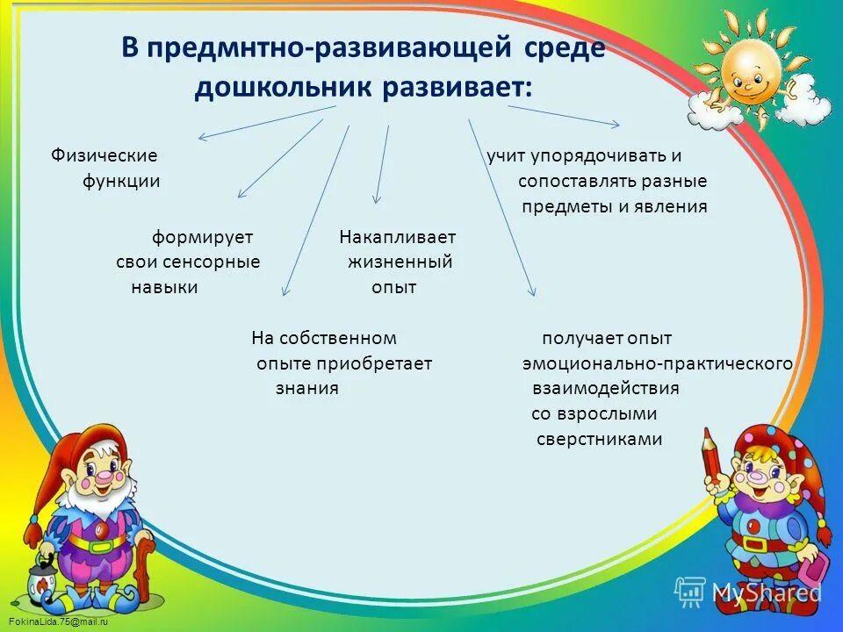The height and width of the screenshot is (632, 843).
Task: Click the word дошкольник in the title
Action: pyautogui.click(x=282, y=87)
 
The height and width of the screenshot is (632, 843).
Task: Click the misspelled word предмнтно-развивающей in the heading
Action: pyautogui.click(x=329, y=47)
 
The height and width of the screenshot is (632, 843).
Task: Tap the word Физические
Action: pyautogui.click(x=104, y=155)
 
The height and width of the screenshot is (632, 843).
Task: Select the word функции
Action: pyautogui.click(x=121, y=181)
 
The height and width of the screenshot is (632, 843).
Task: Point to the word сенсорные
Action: pyautogui.click(x=219, y=262)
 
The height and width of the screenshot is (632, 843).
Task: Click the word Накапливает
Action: pyautogui.click(x=397, y=237)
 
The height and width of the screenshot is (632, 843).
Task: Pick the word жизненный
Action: pyautogui.click(x=400, y=262)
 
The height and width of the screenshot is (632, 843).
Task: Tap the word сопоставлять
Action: pyautogui.click(x=577, y=181)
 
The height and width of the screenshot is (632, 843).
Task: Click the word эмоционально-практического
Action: pyautogui.click(x=658, y=363)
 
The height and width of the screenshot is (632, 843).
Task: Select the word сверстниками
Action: pyautogui.click(x=599, y=439)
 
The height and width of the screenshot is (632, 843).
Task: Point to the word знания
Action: pyautogui.click(x=307, y=388)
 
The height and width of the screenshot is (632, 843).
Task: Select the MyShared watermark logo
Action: pyautogui.click(x=748, y=592)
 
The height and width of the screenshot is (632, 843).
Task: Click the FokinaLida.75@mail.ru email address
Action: pyautogui.click(x=58, y=621)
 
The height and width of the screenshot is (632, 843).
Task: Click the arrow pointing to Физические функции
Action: pyautogui.click(x=267, y=123)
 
